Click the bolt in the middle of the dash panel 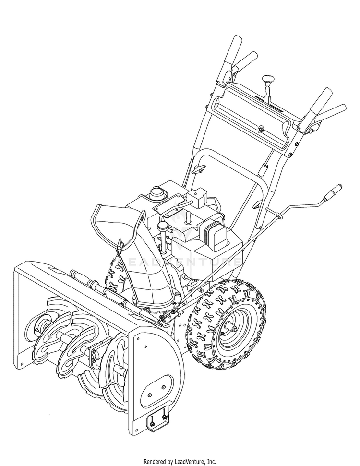point(261,129)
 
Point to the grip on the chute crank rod point(333,191)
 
